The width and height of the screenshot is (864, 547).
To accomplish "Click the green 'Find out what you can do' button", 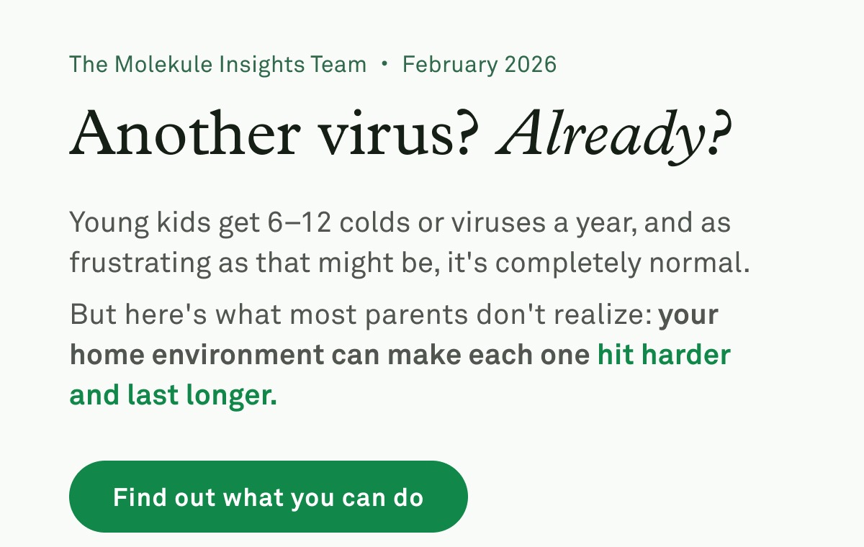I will pos(268,497).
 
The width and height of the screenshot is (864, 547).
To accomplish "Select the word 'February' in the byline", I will pos(449,65).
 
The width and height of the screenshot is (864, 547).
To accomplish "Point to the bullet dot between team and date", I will pos(384,64).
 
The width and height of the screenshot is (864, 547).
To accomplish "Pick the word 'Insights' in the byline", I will pos(262,65).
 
